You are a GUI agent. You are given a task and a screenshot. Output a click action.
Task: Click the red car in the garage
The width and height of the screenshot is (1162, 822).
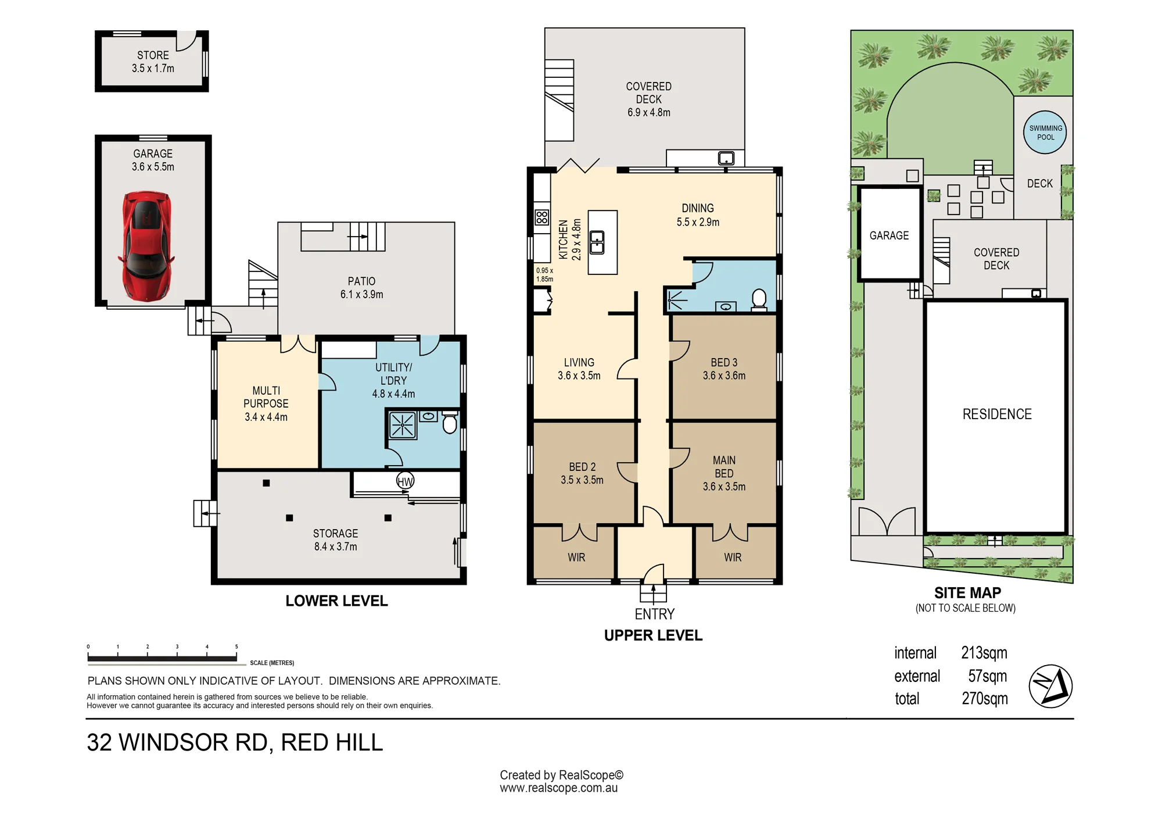146,247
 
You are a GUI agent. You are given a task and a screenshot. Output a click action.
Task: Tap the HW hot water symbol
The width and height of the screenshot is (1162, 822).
405,481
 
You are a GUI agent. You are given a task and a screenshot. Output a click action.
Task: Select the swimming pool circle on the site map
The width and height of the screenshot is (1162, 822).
1045,133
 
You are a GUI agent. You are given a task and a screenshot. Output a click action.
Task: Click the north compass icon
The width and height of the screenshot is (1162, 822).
1050,686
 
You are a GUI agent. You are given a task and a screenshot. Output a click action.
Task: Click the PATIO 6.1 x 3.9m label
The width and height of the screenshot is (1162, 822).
361,288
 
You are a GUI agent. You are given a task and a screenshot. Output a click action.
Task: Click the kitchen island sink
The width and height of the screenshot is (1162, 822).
597,242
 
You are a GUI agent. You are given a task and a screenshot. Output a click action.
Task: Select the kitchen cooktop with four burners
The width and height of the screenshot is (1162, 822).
542,217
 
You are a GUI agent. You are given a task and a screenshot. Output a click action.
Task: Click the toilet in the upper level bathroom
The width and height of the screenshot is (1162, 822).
759,300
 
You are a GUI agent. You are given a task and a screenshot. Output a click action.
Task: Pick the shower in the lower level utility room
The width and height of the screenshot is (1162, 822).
402,424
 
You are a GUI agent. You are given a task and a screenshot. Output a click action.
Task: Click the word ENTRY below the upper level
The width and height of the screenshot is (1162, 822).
654,614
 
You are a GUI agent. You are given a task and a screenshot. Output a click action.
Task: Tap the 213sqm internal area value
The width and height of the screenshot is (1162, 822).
984,653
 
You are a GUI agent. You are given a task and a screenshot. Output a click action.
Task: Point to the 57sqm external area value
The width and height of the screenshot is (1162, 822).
987,676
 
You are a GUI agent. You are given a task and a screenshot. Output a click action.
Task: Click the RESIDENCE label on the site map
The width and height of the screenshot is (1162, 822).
997,414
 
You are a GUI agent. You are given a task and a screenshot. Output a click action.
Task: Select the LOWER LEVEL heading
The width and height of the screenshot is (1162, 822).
336,601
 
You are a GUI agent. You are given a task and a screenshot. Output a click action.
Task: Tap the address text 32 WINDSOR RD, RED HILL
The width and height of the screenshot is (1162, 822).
235,742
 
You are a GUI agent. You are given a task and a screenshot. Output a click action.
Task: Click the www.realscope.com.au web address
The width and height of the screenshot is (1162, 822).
558,788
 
